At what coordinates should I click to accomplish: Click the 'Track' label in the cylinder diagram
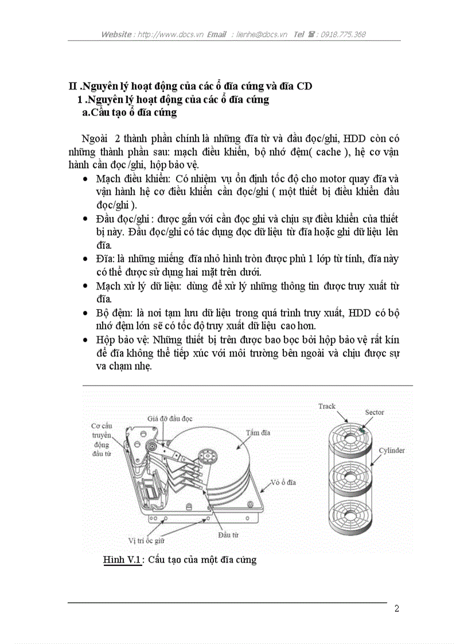327,406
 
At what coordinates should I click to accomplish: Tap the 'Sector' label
375,412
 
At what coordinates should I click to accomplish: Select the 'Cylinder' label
392,450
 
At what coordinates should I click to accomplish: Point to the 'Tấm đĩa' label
258,432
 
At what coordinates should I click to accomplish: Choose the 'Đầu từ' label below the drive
228,534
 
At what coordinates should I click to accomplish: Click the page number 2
396,608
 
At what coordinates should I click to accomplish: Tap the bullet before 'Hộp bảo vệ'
85,340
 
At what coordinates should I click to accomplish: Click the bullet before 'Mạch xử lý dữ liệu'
85,286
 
